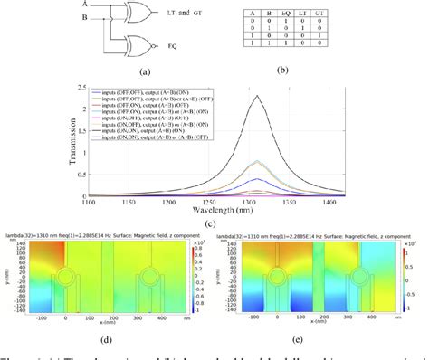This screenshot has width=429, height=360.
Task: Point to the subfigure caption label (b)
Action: click(330, 69)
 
